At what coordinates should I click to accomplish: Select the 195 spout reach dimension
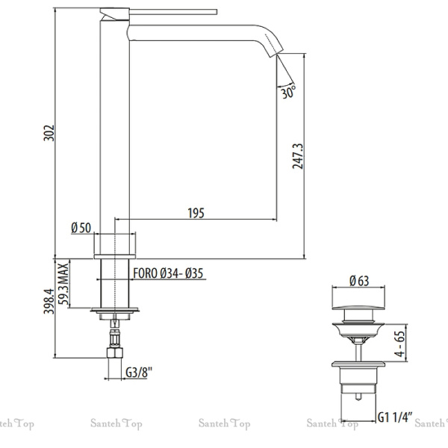pos(196,214)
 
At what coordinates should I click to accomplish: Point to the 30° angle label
pos(288,94)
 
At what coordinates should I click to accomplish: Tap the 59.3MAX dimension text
pos(65,284)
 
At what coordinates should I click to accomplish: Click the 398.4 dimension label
pos(49,307)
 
